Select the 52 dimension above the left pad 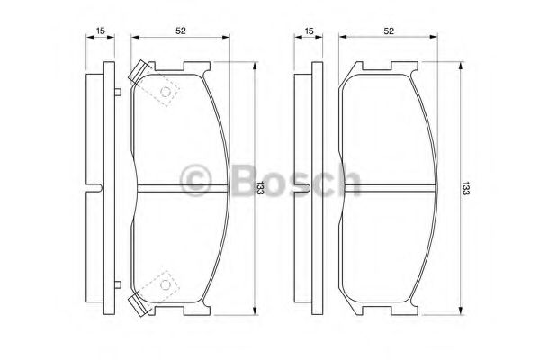(181, 31)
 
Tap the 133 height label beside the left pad (259, 187)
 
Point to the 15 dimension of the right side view (310, 31)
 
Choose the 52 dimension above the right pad (389, 31)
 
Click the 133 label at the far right (465, 187)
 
